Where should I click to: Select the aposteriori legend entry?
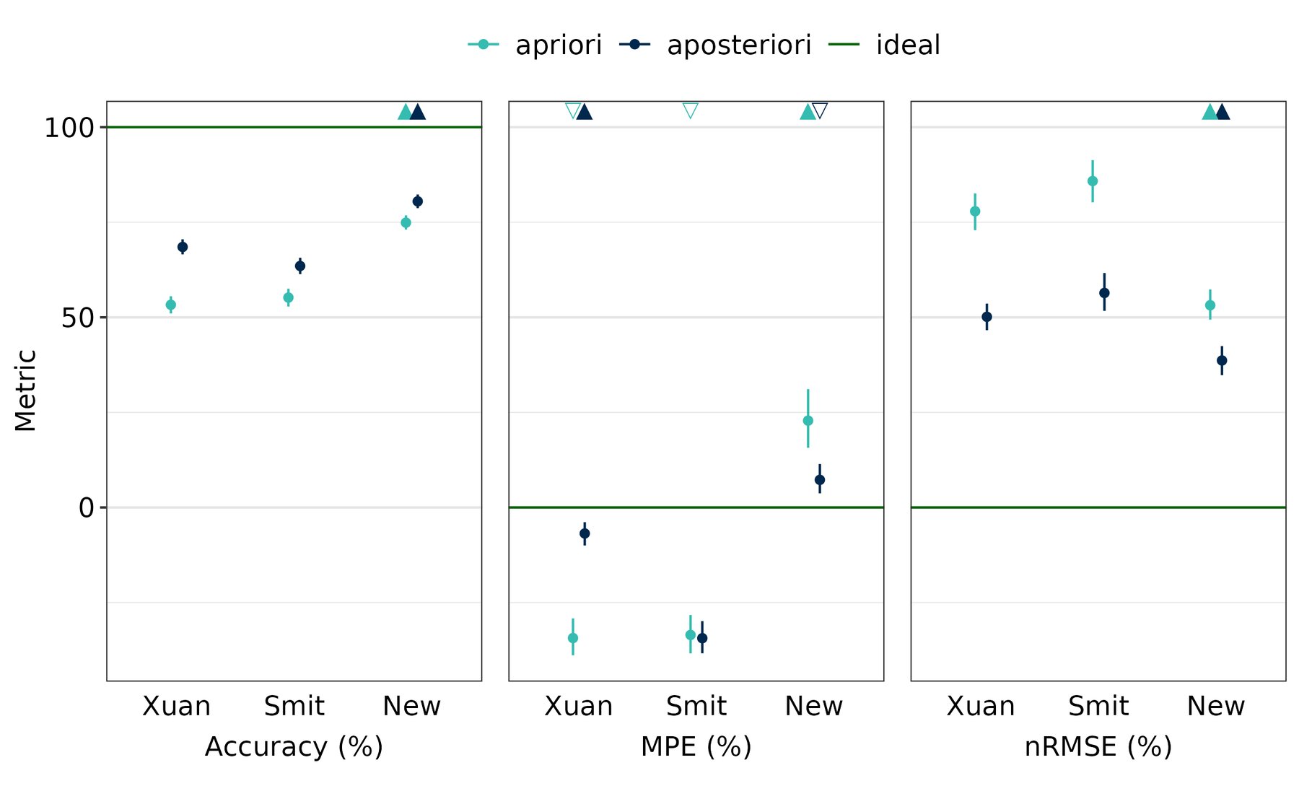pyautogui.click(x=714, y=45)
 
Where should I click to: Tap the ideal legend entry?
pyautogui.click(x=884, y=45)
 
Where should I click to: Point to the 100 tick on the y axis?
pyautogui.click(x=69, y=128)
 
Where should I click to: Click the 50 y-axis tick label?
pyautogui.click(x=78, y=318)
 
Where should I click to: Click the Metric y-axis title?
pyautogui.click(x=25, y=390)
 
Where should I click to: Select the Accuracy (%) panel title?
pyautogui.click(x=294, y=746)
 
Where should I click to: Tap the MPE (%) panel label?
pyautogui.click(x=696, y=746)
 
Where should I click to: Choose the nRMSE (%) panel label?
pyautogui.click(x=1098, y=746)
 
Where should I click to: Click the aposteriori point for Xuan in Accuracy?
pyautogui.click(x=183, y=247)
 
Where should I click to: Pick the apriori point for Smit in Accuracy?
pyautogui.click(x=288, y=297)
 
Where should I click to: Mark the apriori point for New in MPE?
pyautogui.click(x=808, y=421)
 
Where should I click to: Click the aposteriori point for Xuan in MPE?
pyautogui.click(x=585, y=533)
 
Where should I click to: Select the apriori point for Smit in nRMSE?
pyautogui.click(x=1093, y=181)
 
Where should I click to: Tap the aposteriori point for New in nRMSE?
pyautogui.click(x=1222, y=360)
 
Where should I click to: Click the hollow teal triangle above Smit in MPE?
pyautogui.click(x=690, y=111)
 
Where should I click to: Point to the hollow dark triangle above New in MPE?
pyautogui.click(x=820, y=111)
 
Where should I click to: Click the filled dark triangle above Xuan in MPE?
pyautogui.click(x=585, y=112)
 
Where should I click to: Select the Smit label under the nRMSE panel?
pyautogui.click(x=1098, y=706)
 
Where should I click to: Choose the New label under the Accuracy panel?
pyautogui.click(x=411, y=706)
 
